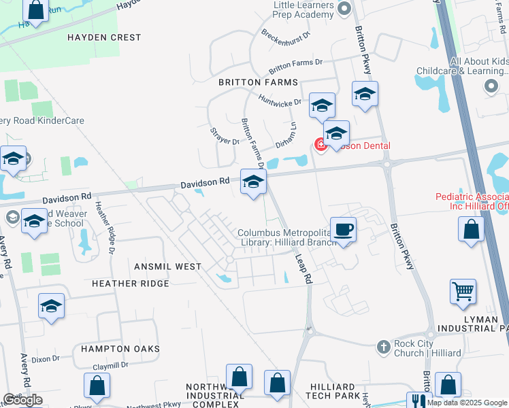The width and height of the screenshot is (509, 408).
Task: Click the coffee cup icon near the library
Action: point(343,229)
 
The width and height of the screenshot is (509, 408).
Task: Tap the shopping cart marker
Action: point(463,291)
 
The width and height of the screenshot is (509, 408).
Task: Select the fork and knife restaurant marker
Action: point(418,401)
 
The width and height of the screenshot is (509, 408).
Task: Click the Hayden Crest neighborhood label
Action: point(104,38)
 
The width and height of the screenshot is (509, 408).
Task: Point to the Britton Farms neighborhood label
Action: point(258,82)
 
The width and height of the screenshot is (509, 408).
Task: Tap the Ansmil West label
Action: point(167,266)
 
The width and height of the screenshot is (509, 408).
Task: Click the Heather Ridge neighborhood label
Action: point(130,283)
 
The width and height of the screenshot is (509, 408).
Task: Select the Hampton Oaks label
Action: point(120,349)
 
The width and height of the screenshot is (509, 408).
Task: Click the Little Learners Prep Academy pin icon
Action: point(343,9)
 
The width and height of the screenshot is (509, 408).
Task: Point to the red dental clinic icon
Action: point(318,144)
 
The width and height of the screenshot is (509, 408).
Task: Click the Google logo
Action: point(22,400)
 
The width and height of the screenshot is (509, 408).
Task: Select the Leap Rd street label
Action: point(303,269)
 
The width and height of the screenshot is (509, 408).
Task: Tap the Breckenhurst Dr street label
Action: point(286,35)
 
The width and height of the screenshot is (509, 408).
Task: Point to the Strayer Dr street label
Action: point(225,136)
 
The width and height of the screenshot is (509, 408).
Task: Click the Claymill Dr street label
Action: point(110,366)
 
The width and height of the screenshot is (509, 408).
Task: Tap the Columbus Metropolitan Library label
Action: point(284,238)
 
